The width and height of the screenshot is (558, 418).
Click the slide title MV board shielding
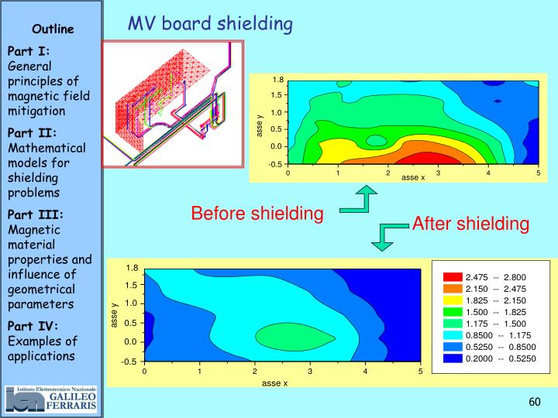tap(210, 24)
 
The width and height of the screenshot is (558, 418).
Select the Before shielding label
tap(257, 213)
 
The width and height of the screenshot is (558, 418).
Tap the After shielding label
tap(470, 224)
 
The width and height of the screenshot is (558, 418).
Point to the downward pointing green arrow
tap(384, 237)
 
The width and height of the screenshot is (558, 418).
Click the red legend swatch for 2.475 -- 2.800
tap(452, 276)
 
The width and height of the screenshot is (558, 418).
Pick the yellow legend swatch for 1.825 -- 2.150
tap(452, 300)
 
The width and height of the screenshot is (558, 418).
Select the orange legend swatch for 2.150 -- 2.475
tap(452, 288)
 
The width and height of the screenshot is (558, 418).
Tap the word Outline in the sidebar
tap(53, 29)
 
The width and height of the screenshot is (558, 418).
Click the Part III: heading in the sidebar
tap(36, 214)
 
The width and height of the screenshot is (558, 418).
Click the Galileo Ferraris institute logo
tap(51, 398)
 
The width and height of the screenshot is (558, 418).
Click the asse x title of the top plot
tap(412, 179)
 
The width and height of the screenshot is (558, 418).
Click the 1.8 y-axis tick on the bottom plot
tap(132, 268)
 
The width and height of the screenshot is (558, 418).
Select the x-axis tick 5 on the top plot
tap(538, 173)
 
